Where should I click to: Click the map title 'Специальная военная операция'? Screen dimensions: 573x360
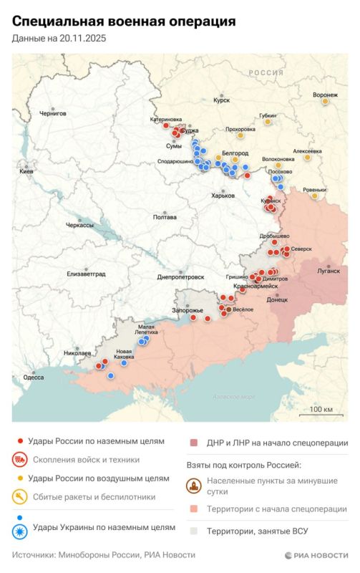[124, 22]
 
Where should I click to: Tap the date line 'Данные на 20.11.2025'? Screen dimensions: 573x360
[58, 39]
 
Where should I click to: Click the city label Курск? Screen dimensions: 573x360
[221, 101]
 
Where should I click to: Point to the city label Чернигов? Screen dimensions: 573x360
[53, 113]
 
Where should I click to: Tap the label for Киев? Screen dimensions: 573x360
[26, 173]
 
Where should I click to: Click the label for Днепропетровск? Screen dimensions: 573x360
[180, 276]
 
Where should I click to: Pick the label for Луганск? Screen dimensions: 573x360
[329, 271]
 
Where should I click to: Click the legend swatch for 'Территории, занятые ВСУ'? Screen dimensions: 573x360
[193, 530]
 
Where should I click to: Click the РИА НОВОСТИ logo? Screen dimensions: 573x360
[316, 555]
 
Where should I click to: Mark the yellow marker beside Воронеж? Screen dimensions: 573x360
[325, 102]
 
